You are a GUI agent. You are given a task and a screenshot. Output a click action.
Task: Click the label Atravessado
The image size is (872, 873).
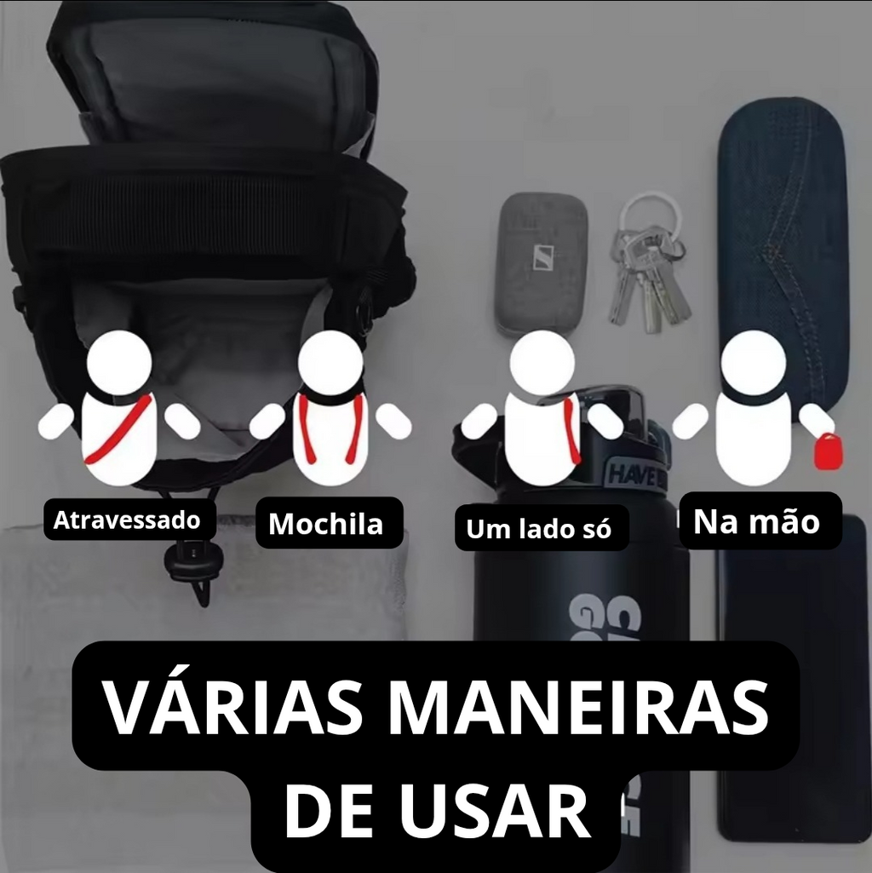coord(127,520)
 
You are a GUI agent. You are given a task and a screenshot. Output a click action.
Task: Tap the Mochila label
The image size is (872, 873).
coord(326,523)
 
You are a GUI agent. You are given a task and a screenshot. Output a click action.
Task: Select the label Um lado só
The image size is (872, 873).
coord(538,528)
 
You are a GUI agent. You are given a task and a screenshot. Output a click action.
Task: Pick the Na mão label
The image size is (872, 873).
coord(756,521)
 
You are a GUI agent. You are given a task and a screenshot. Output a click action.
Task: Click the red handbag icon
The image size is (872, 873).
coord(828,451)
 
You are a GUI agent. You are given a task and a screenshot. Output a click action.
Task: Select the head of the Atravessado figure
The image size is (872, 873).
coord(120,363)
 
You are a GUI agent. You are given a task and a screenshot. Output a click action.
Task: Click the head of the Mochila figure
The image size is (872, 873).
coord(330,363)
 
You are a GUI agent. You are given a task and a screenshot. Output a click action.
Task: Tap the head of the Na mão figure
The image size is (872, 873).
coord(754,363)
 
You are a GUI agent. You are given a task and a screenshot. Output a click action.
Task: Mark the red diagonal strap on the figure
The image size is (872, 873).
coord(118,429)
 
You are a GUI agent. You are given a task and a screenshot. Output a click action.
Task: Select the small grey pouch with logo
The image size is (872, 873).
coord(541,265)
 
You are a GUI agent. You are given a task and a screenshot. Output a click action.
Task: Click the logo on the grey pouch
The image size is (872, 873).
coord(544,257)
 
